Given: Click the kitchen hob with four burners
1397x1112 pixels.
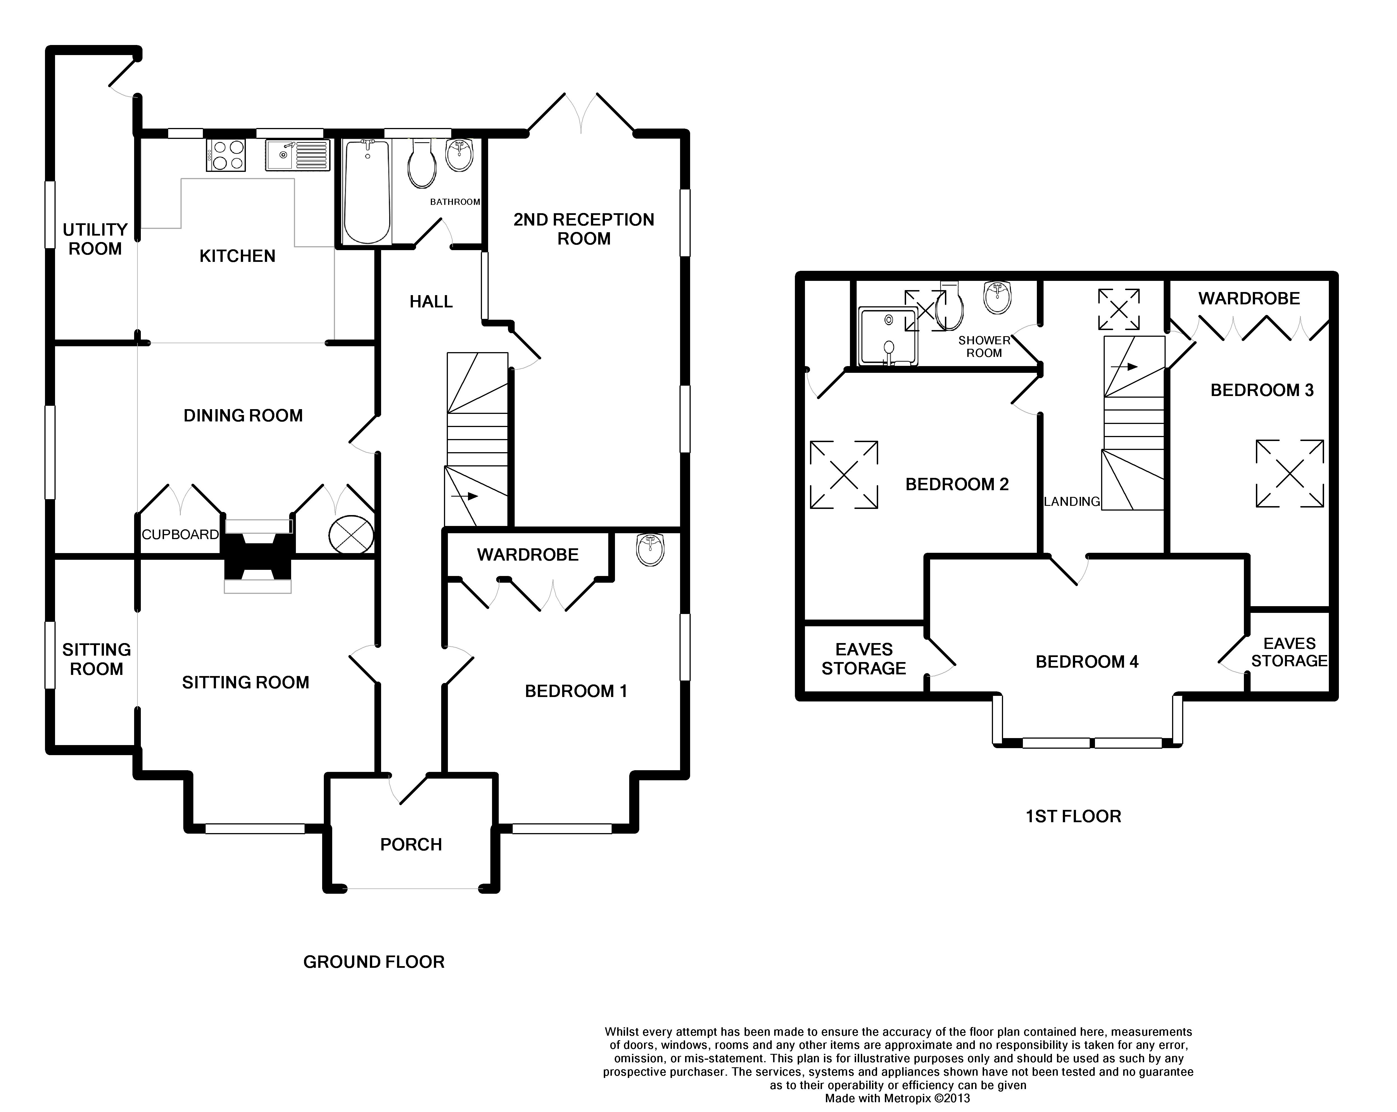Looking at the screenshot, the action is [x=225, y=156].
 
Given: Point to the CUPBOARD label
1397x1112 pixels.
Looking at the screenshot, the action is [x=180, y=535].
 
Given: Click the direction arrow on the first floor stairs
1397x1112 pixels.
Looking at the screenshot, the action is [x=1124, y=367].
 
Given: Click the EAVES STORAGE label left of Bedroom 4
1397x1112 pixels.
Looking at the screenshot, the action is [x=864, y=659].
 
